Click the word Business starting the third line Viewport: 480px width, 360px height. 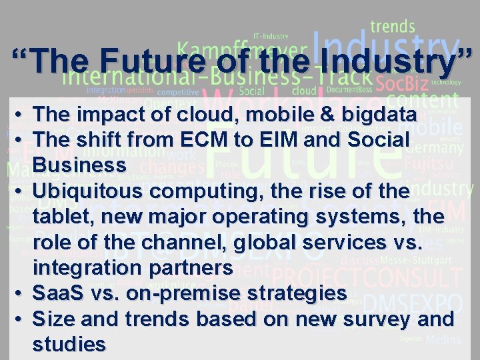[79, 164]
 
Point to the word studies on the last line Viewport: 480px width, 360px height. [69, 344]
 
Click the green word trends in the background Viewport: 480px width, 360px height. [393, 27]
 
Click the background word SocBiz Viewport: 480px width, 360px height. [401, 83]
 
